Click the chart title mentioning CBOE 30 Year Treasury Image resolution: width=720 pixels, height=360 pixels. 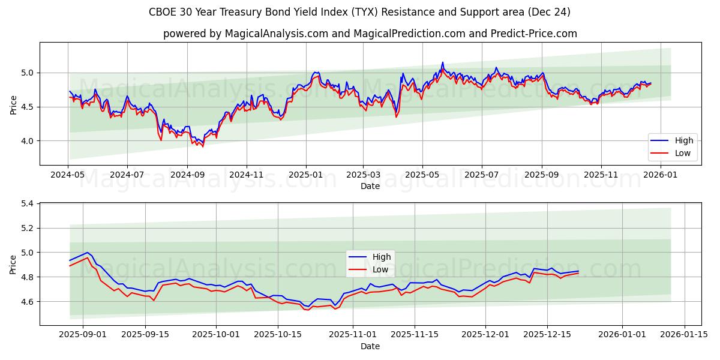(x=360, y=12)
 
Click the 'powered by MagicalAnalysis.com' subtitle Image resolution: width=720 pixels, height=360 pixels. (x=370, y=34)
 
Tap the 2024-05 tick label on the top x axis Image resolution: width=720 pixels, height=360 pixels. (x=68, y=175)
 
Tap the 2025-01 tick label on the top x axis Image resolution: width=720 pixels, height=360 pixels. (x=306, y=175)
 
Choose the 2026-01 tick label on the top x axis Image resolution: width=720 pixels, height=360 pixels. (x=660, y=175)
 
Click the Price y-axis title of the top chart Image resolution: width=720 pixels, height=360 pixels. (x=13, y=104)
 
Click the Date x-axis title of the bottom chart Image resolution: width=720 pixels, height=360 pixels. (x=370, y=346)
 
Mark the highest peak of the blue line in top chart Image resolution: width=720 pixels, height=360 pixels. (x=443, y=62)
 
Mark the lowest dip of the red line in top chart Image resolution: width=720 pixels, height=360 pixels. (x=202, y=146)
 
